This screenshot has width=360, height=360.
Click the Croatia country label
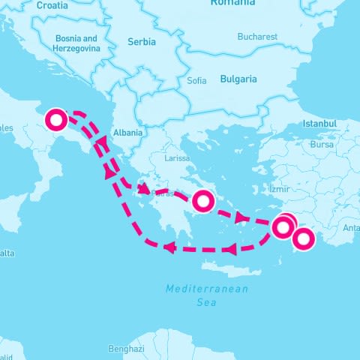pyautogui.click(x=52, y=4)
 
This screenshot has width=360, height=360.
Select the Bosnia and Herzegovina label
pyautogui.click(x=76, y=43)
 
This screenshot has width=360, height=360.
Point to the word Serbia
pyautogui.click(x=142, y=42)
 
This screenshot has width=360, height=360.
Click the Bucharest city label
pyautogui.click(x=256, y=36)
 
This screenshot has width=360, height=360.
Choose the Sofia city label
pyautogui.click(x=196, y=80)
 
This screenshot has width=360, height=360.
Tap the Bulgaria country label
pyautogui.click(x=238, y=79)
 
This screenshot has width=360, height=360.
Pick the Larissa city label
pyautogui.click(x=178, y=158)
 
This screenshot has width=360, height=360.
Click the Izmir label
pyautogui.click(x=278, y=190)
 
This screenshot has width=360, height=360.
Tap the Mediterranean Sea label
pyautogui.click(x=206, y=295)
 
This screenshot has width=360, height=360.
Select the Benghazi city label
pyautogui.click(x=125, y=349)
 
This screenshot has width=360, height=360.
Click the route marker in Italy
pyautogui.click(x=57, y=119)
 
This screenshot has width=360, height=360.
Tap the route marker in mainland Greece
pyautogui.click(x=203, y=201)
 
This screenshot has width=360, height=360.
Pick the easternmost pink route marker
pyautogui.click(x=303, y=239)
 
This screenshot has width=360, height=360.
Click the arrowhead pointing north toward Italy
pyautogui.click(x=109, y=172)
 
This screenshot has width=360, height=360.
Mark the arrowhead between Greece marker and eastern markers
pyautogui.click(x=242, y=218)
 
